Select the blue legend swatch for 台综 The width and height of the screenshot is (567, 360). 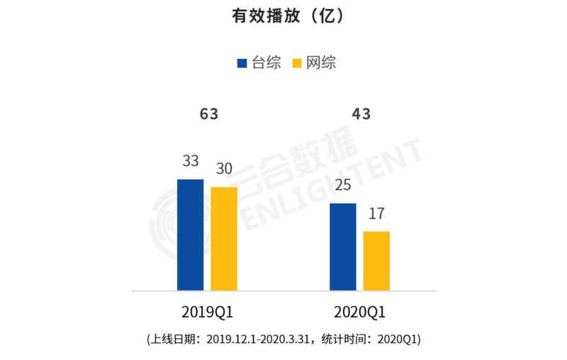tap(242, 63)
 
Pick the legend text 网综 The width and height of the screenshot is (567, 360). tap(320, 63)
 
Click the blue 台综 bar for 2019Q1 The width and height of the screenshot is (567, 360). tap(190, 235)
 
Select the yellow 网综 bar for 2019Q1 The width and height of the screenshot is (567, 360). tap(224, 239)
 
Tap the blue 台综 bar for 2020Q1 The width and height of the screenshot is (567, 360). tap(343, 247)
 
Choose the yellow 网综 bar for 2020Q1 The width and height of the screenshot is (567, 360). tap(376, 261)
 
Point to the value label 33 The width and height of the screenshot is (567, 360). tap(190, 162)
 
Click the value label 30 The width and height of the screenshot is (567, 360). tap(224, 169)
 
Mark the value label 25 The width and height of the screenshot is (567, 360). tap(343, 186)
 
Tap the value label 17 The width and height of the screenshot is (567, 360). tap(376, 214)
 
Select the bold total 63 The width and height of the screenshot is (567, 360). tap(208, 114)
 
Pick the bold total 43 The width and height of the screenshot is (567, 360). tap(361, 114)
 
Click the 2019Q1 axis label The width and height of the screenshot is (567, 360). tap(208, 313)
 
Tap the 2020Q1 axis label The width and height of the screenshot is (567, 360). tap(361, 313)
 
